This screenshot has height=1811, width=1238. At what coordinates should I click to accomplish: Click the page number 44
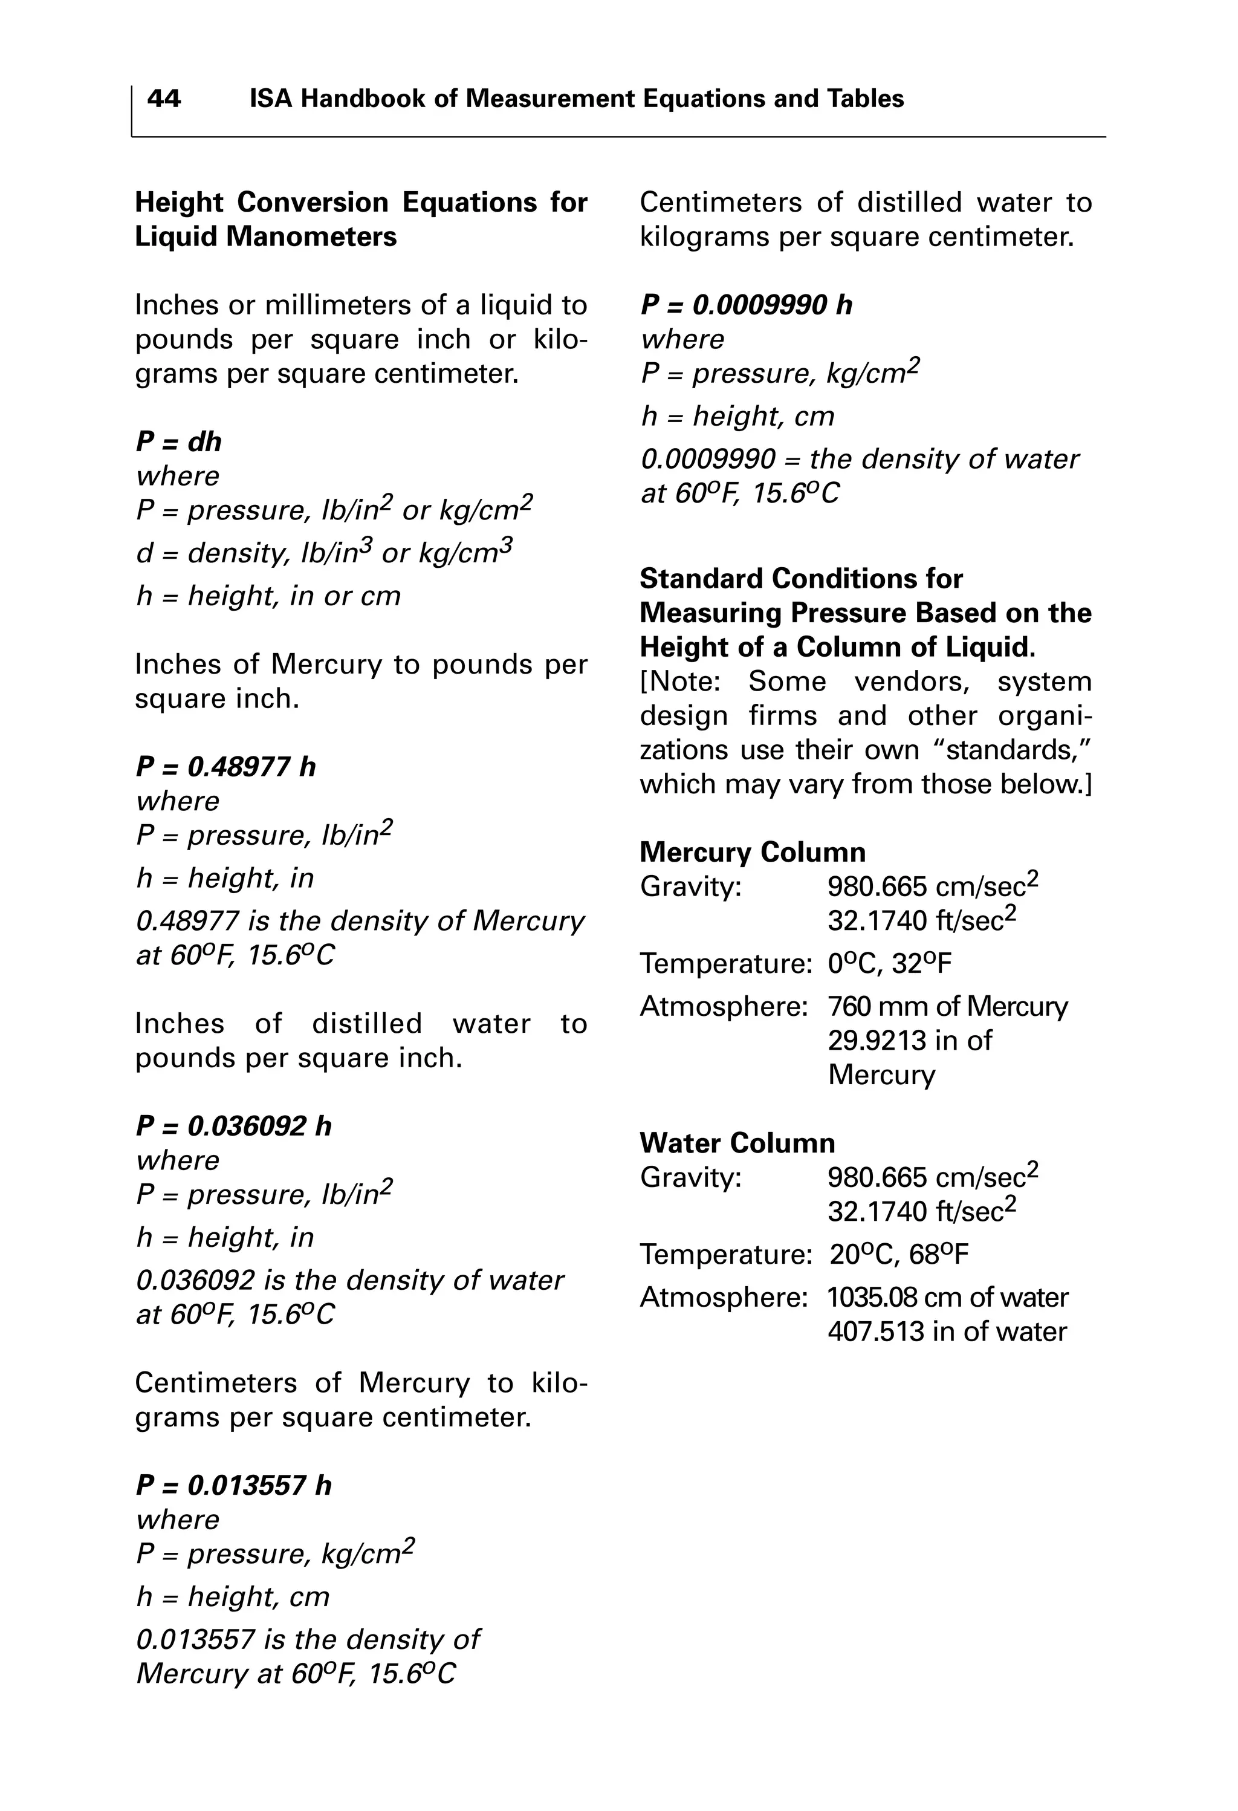pyautogui.click(x=164, y=99)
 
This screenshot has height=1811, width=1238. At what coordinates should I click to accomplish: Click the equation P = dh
pyautogui.click(x=178, y=442)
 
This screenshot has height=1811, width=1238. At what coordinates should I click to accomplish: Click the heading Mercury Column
pyautogui.click(x=752, y=852)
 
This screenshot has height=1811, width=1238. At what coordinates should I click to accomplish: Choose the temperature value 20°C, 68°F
pyautogui.click(x=898, y=1255)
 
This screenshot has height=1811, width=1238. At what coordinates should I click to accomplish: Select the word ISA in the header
pyautogui.click(x=271, y=99)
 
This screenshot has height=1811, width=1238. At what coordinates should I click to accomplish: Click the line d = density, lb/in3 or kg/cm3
pyautogui.click(x=325, y=553)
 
